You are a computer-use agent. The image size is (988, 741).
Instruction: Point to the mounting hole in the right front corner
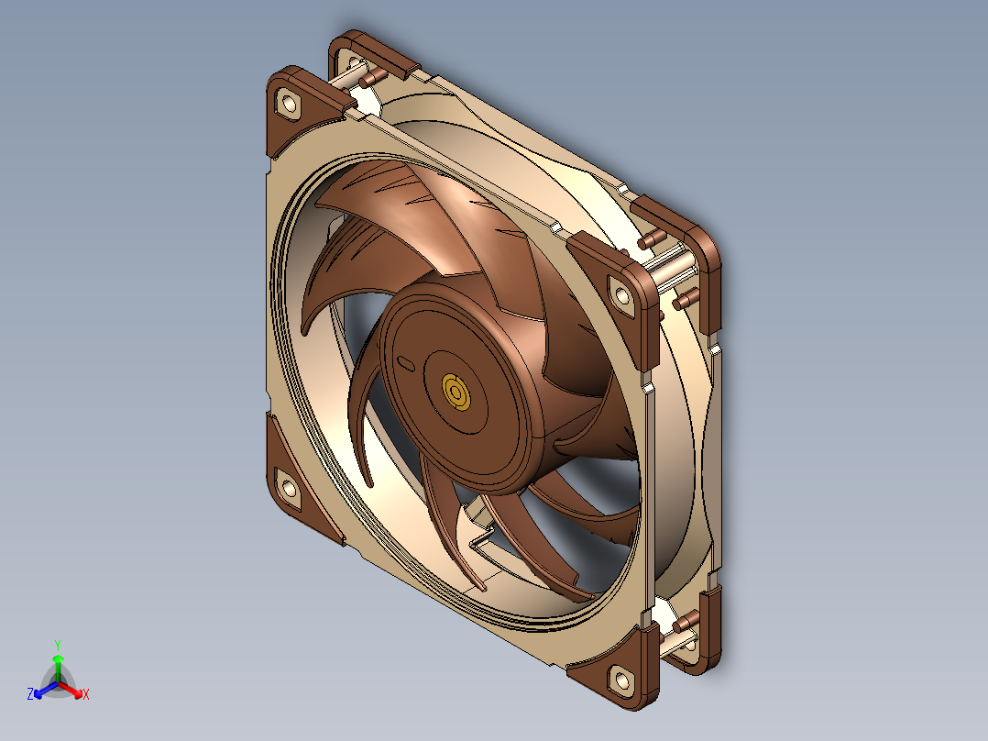(622, 295)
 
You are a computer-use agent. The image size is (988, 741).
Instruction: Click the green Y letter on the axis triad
(57, 645)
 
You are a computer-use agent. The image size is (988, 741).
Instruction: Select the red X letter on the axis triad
(85, 695)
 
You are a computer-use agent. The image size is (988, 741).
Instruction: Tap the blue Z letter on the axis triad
(30, 695)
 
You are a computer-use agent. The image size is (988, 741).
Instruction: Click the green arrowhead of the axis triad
(57, 659)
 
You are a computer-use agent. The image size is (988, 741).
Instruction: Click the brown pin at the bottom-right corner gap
(682, 624)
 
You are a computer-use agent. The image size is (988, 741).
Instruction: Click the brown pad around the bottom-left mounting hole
(295, 481)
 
